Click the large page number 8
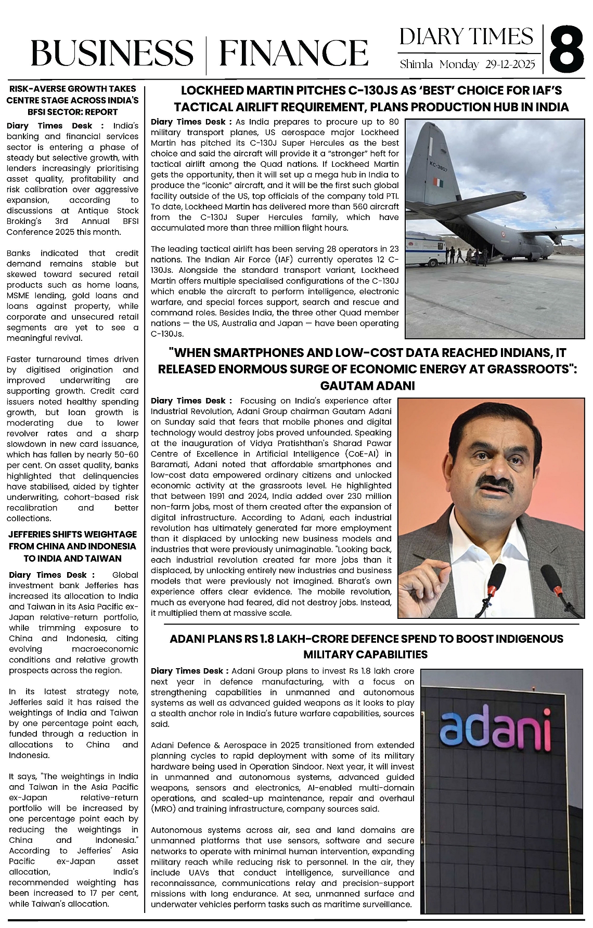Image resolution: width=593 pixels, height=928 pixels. tap(568, 50)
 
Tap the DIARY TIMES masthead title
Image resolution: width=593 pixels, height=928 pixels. tap(467, 37)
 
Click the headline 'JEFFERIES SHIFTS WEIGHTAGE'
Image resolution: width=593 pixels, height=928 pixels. tap(72, 534)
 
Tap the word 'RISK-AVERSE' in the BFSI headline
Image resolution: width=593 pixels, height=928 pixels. tap(34, 89)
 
